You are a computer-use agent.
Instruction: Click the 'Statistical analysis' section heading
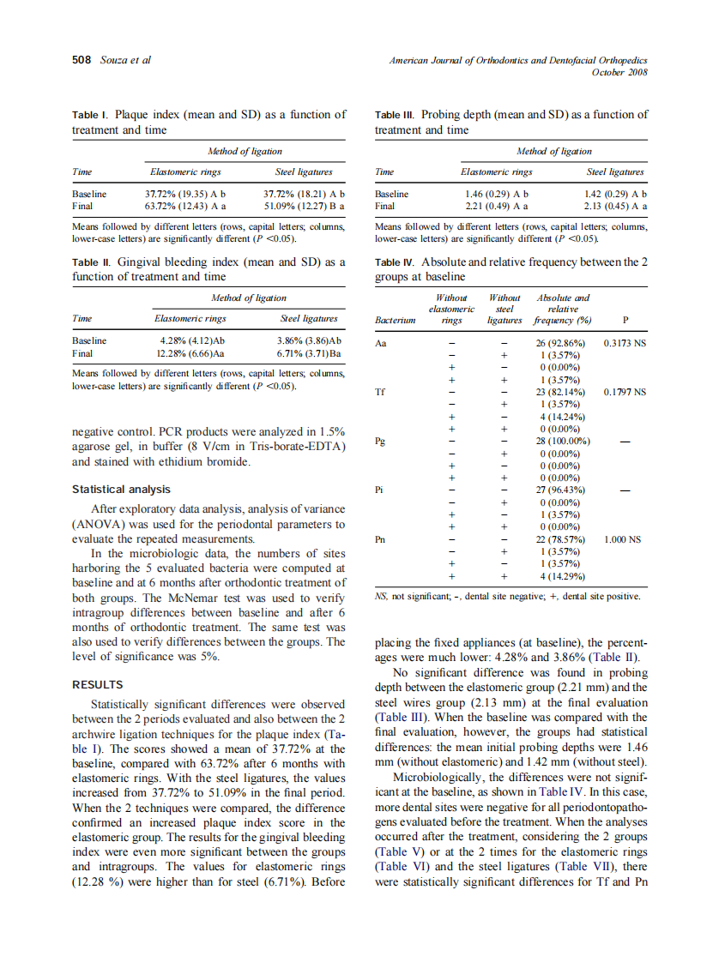[121, 490]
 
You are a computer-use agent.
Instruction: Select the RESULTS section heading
[98, 685]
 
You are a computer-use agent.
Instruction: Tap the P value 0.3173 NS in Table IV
[625, 343]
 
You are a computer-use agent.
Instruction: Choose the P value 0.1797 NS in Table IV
[625, 392]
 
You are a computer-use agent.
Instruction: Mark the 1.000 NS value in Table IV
[623, 540]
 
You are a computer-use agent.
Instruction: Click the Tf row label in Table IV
[380, 392]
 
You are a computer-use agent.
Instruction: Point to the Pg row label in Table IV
[380, 441]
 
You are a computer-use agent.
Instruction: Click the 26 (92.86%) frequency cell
[560, 343]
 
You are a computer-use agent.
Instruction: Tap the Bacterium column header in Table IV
[396, 321]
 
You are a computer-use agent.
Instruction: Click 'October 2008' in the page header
[619, 72]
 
